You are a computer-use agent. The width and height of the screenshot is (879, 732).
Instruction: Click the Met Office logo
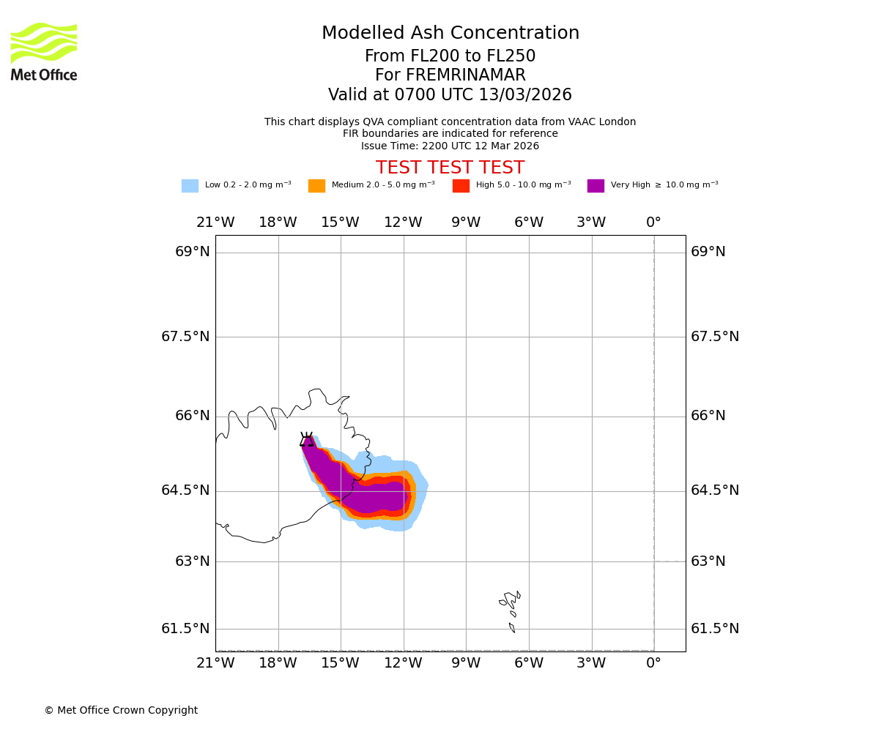click(44, 51)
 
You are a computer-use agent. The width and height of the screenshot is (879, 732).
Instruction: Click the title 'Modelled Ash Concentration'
click(450, 34)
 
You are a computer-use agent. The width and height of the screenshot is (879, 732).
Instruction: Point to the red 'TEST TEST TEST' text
click(450, 168)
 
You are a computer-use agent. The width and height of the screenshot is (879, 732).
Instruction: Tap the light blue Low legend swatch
click(190, 186)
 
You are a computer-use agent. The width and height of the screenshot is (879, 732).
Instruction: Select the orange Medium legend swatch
click(316, 186)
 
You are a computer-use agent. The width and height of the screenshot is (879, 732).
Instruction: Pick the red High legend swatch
click(461, 186)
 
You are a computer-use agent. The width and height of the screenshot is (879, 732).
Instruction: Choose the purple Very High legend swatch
click(596, 186)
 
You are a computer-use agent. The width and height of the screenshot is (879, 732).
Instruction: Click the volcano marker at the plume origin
click(307, 439)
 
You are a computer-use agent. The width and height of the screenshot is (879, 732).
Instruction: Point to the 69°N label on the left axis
click(193, 252)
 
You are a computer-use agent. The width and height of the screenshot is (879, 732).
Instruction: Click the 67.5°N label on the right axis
click(715, 337)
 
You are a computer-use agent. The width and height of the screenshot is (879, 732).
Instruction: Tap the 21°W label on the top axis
click(215, 223)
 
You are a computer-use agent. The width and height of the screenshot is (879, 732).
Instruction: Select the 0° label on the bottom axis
click(653, 664)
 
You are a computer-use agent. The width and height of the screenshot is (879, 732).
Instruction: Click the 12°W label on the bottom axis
click(403, 664)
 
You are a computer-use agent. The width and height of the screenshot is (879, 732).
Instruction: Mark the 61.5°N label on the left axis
click(185, 629)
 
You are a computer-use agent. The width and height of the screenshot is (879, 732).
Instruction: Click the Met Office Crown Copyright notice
click(121, 711)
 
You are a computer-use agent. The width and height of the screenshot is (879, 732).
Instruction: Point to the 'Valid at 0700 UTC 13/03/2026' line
click(450, 95)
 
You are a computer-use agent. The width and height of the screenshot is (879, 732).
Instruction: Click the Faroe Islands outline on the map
click(511, 604)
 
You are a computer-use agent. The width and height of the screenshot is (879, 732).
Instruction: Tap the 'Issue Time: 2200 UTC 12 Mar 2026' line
click(450, 146)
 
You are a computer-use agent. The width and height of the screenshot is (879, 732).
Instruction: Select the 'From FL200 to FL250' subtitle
click(450, 56)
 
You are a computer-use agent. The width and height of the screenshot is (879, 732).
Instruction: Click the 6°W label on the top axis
click(528, 223)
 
